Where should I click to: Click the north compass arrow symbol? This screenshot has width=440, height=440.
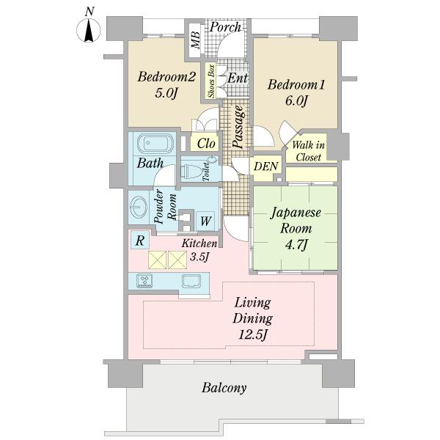point(89,30)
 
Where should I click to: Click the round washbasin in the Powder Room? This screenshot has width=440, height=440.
point(138,207)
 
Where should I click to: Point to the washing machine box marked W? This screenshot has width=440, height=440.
point(205,221)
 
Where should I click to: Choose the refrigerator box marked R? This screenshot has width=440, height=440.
point(140,240)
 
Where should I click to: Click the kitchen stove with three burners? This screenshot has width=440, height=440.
point(144,281)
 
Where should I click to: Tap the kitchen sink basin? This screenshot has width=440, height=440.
point(191,281)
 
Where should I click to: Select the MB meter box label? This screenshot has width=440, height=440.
point(195,40)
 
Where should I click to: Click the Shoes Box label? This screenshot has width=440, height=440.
point(211,81)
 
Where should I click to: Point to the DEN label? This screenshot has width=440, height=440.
point(265,166)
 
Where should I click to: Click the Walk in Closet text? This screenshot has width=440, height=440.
point(308,151)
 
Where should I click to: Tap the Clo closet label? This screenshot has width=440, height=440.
point(206,144)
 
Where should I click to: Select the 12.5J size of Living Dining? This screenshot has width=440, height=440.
point(253,334)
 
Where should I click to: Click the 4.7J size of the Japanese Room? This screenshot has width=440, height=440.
point(296,245)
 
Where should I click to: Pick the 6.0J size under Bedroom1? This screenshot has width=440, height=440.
point(296,100)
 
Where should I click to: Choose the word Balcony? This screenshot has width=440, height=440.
point(224,388)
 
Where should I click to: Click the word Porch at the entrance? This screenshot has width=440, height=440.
point(225,27)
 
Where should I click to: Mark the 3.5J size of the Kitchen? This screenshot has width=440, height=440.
point(199,257)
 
